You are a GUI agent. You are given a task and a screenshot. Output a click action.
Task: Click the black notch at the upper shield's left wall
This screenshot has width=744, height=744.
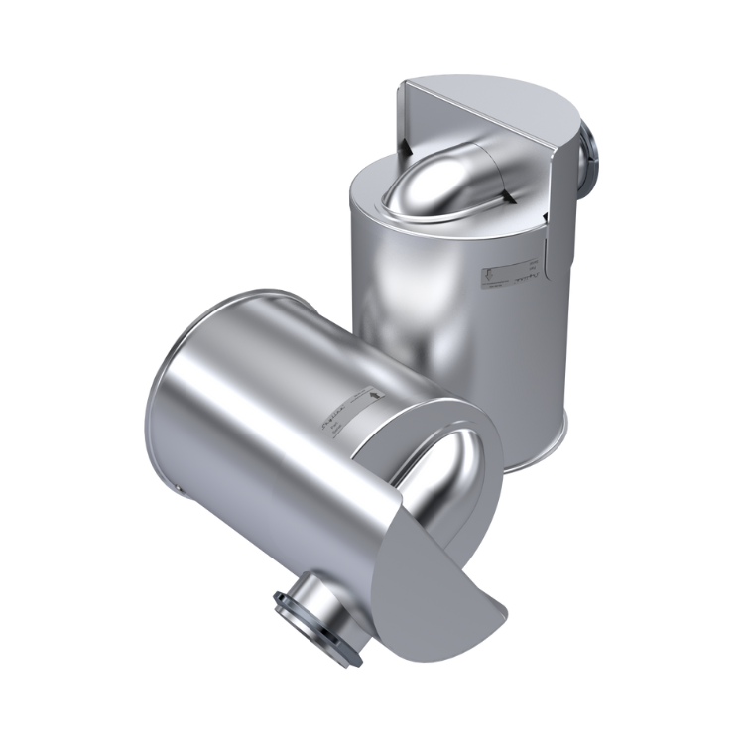[407, 146]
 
